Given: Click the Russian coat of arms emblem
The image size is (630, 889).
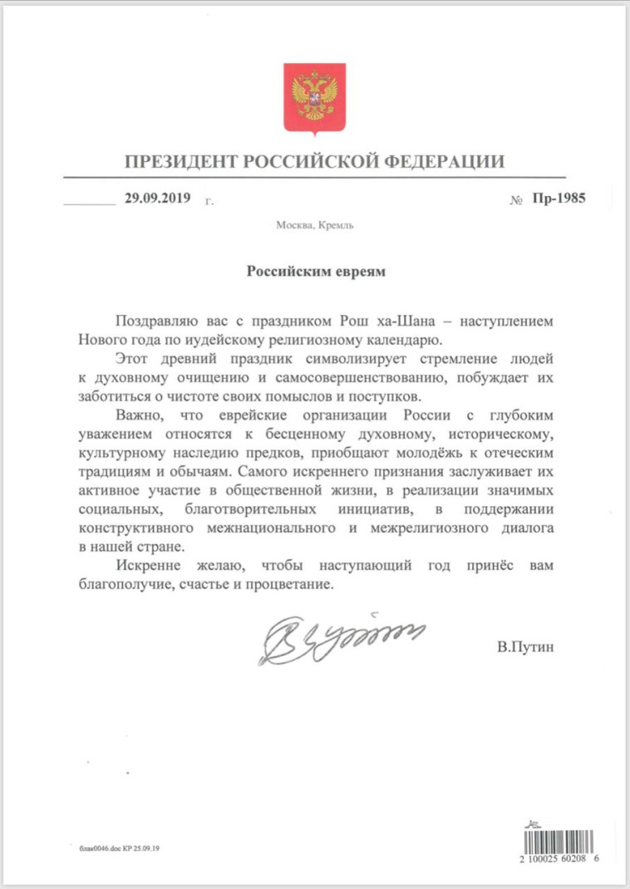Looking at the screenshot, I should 315,97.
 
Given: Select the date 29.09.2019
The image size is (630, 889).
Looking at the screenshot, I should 158,199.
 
